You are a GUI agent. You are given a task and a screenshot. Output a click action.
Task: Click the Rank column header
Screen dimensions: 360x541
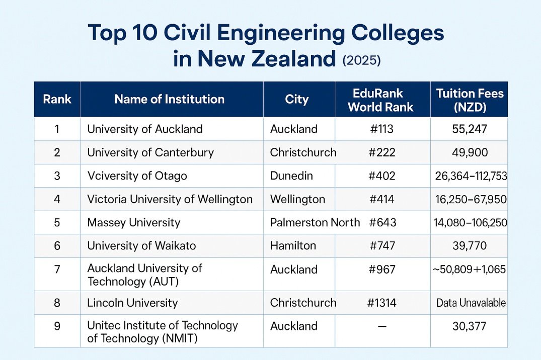click(57, 99)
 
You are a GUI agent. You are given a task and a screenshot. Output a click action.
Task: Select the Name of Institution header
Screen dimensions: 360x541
click(170, 99)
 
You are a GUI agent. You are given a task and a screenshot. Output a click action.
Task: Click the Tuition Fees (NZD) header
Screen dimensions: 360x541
click(470, 100)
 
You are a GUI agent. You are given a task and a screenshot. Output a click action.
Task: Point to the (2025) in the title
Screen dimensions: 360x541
click(361, 60)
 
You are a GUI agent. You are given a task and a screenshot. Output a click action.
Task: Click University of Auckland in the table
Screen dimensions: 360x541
click(145, 129)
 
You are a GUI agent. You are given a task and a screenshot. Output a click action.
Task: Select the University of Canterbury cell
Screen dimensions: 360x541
click(150, 152)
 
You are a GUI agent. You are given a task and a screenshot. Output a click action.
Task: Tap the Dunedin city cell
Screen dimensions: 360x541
click(291, 176)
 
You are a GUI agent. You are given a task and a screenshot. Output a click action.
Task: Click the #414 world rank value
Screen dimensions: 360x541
click(381, 199)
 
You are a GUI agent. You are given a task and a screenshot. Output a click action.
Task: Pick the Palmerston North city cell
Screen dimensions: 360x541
click(315, 222)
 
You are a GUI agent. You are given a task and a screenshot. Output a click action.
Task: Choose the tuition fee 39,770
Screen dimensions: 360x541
click(470, 246)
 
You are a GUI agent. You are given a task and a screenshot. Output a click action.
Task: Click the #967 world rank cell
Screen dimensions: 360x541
click(382, 269)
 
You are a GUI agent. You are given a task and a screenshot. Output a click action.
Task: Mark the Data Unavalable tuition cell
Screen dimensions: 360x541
click(471, 303)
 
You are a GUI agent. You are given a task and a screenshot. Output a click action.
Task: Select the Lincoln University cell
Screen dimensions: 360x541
click(132, 303)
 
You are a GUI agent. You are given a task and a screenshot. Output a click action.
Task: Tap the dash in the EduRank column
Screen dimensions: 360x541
click(381, 326)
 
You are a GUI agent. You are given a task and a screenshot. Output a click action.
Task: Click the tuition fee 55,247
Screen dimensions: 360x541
click(470, 129)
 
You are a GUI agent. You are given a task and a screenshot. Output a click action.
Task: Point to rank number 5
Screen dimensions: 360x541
click(57, 222)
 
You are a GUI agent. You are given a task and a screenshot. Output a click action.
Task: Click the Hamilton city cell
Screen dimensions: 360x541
click(293, 246)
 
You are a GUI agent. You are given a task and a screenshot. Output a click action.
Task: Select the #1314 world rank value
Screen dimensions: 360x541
click(382, 303)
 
